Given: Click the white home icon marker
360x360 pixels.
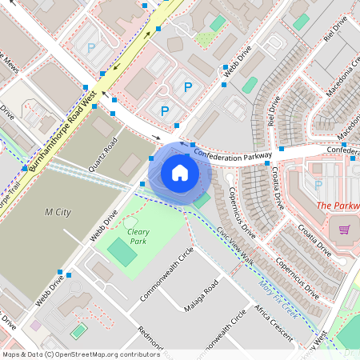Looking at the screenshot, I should pos(180,172).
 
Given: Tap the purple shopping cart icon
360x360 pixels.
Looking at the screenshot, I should pos(345,230).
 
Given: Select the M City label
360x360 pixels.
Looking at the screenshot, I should pos(59,212).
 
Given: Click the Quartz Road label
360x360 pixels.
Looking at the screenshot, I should pos(104,154).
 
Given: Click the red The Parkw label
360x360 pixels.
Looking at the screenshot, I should pos(338,206).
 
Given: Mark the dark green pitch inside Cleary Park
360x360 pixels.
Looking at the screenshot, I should pos(122,254).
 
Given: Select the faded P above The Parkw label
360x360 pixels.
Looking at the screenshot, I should pos(318,186).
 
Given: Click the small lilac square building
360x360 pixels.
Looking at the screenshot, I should pos(36,326).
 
